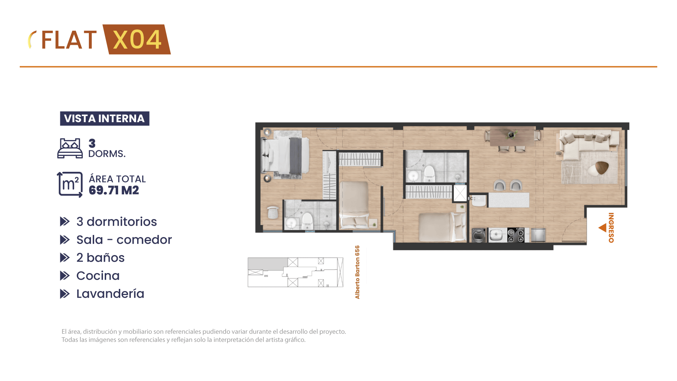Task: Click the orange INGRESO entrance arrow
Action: pyautogui.click(x=602, y=228)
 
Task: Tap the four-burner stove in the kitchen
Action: pyautogui.click(x=516, y=235)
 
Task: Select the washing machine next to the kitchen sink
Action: pyautogui.click(x=479, y=235)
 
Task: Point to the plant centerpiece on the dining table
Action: pyautogui.click(x=511, y=134)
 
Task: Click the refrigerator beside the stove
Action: pyautogui.click(x=538, y=235)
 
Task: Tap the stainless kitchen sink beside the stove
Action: pyautogui.click(x=498, y=235)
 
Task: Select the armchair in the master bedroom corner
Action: pyautogui.click(x=273, y=212)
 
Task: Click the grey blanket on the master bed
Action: pyautogui.click(x=295, y=155)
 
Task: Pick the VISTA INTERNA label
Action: pyautogui.click(x=104, y=119)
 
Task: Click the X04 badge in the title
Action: pyautogui.click(x=137, y=40)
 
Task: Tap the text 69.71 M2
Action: pyautogui.click(x=114, y=190)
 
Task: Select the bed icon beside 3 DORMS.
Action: pyautogui.click(x=70, y=148)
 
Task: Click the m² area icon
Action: pyautogui.click(x=70, y=185)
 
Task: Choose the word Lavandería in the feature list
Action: pyautogui.click(x=110, y=294)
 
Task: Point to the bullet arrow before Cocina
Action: pyautogui.click(x=65, y=276)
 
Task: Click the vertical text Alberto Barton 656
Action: pyautogui.click(x=358, y=272)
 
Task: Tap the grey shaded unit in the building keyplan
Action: pyautogui.click(x=267, y=264)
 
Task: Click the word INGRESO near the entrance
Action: pyautogui.click(x=611, y=228)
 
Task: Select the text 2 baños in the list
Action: pyautogui.click(x=100, y=258)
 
